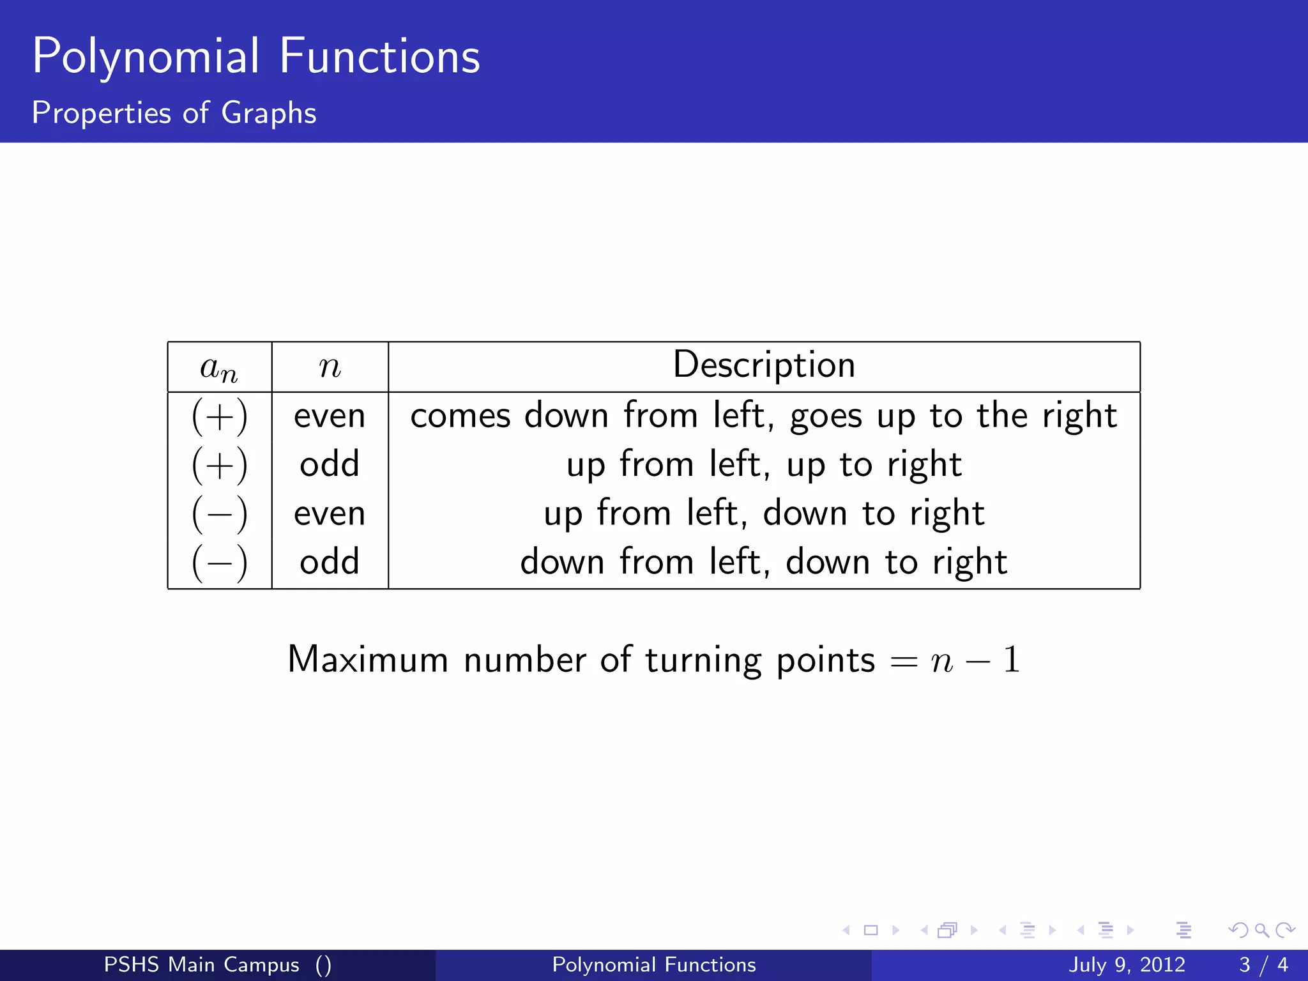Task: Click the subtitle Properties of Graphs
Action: [x=174, y=113]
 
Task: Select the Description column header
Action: [x=764, y=365]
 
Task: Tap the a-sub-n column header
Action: [x=219, y=368]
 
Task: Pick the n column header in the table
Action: [x=330, y=368]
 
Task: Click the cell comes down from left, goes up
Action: [x=763, y=416]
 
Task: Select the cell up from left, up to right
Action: [x=764, y=465]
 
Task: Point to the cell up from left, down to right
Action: [x=764, y=513]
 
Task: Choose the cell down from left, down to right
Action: [x=764, y=563]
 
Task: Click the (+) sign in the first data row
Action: [x=219, y=416]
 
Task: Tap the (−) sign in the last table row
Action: [x=219, y=563]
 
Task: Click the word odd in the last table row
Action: [x=330, y=563]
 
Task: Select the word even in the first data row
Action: [x=330, y=416]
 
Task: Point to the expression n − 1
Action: [x=975, y=660]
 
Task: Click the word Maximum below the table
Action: [x=368, y=660]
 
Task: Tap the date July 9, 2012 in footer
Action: [x=1127, y=964]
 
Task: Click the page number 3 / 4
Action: [x=1263, y=964]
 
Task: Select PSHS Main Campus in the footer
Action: [x=201, y=964]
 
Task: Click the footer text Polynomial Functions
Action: [x=653, y=964]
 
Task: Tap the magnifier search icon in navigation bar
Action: [x=1261, y=930]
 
